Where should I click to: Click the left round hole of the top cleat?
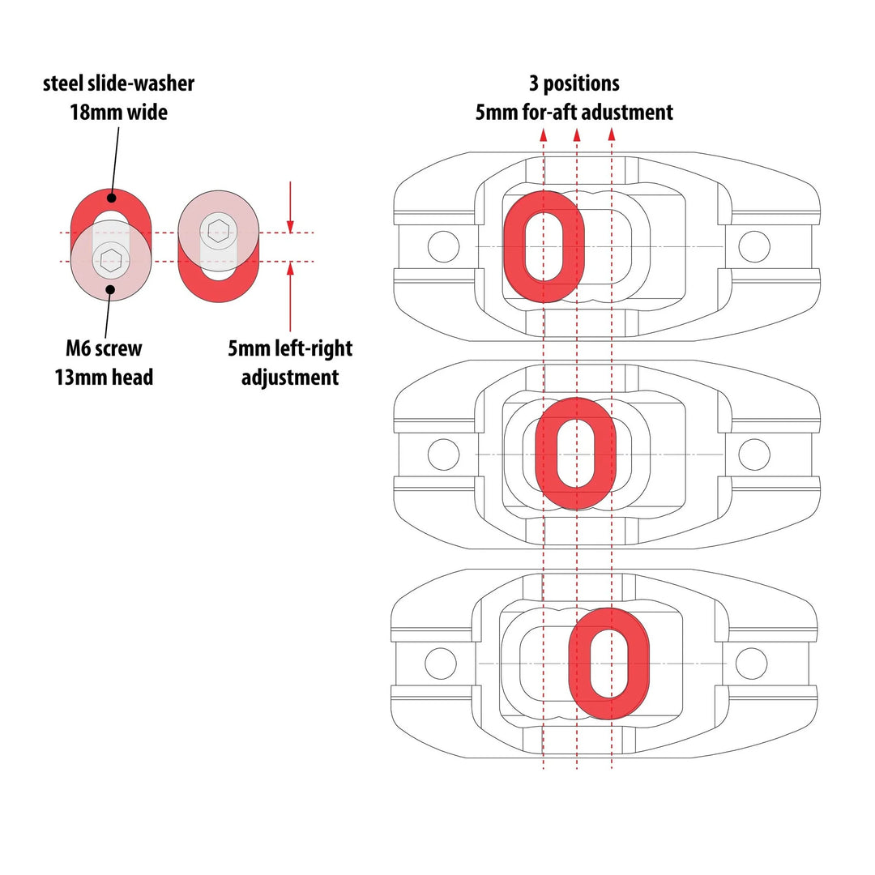pos(443,246)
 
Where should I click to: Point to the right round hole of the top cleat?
pos(753,246)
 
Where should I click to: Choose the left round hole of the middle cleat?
pos(443,454)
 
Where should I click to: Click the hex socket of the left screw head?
pos(110,259)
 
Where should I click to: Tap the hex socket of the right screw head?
pos(217,232)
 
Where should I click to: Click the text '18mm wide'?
pos(118,112)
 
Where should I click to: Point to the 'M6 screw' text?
pos(104,348)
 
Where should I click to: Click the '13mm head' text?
pos(104,377)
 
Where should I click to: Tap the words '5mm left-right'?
pos(290,349)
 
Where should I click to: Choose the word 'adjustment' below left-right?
pos(290,377)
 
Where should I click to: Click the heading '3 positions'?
pos(574,83)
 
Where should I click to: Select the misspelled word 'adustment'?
pos(625,112)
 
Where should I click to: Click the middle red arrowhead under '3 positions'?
pos(577,134)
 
